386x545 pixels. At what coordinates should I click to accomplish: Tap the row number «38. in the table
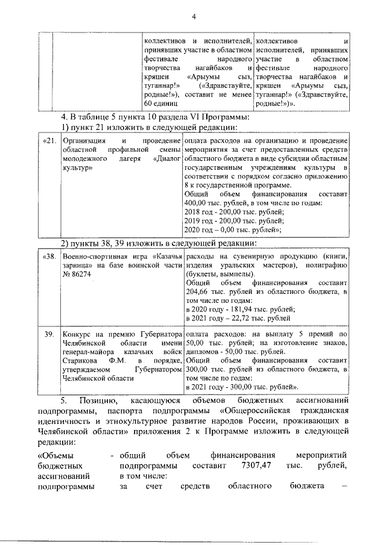pos(51,257)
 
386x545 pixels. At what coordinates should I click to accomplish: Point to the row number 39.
pos(51,333)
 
